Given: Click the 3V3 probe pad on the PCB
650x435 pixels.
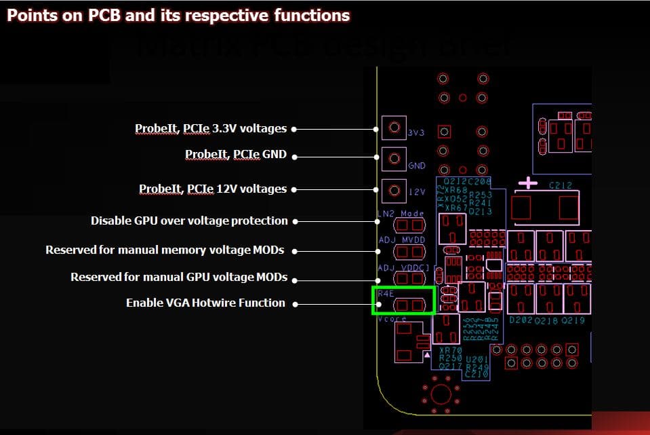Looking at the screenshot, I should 393,127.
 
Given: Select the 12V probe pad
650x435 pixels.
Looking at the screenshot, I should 393,191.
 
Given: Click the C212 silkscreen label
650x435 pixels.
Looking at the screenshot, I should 561,184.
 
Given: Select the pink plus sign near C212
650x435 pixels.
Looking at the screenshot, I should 528,183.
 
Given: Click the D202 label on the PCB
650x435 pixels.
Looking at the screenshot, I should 521,320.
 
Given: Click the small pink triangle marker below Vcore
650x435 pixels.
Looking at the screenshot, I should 426,355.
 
